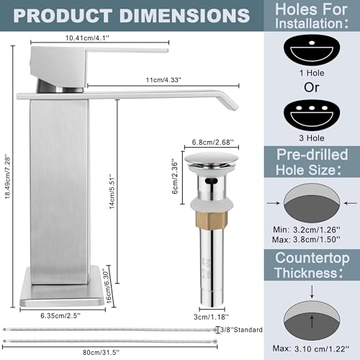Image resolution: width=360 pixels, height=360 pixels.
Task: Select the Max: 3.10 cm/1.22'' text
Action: point(312,348)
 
